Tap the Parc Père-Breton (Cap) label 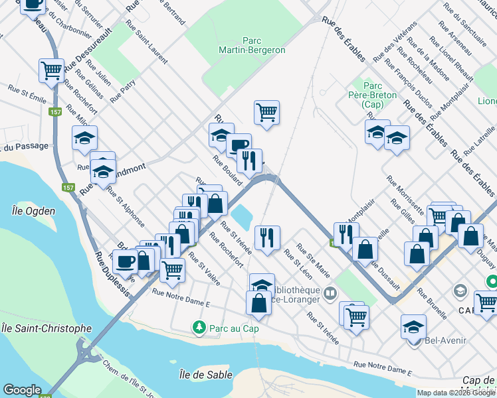click(379, 95)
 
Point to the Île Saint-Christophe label click(46, 328)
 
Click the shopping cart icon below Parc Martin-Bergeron click(266, 113)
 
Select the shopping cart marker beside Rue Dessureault click(51, 70)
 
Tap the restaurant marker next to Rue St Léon click(267, 237)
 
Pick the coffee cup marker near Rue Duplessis click(126, 261)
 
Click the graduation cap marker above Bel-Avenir click(413, 326)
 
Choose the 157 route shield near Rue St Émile click(57, 111)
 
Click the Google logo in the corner click(22, 390)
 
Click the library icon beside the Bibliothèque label click(330, 292)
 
